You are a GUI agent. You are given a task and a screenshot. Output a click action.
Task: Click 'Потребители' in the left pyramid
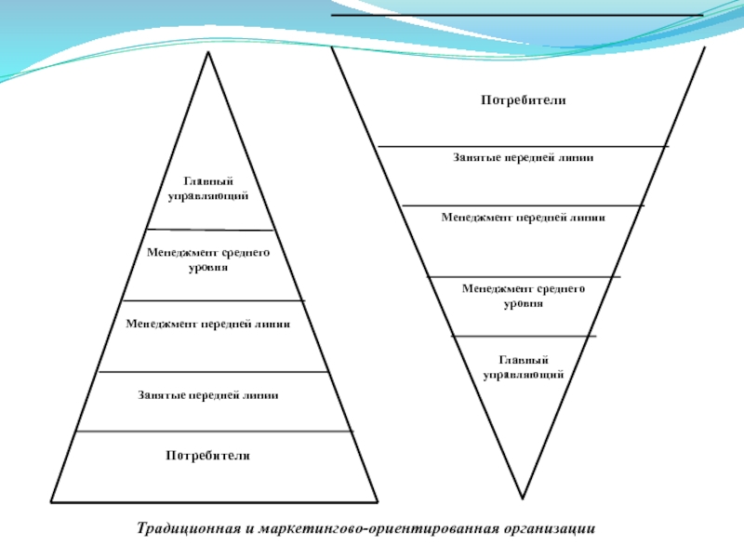(x=208, y=456)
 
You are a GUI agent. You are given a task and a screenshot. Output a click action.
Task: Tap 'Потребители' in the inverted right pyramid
(x=524, y=100)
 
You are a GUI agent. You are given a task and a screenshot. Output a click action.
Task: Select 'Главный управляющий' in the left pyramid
(x=207, y=188)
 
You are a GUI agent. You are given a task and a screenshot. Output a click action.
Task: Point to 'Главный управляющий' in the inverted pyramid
(x=524, y=366)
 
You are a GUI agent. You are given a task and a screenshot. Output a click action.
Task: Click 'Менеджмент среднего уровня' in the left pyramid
(x=208, y=259)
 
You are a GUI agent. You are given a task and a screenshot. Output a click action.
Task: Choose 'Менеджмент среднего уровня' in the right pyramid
(x=524, y=296)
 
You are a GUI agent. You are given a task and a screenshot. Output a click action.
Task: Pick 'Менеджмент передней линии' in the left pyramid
(x=208, y=325)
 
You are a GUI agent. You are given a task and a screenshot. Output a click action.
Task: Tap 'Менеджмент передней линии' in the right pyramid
(x=523, y=218)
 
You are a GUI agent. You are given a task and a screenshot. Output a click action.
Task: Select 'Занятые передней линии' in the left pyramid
(x=208, y=395)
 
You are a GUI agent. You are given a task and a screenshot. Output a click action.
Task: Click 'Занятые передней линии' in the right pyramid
(x=523, y=158)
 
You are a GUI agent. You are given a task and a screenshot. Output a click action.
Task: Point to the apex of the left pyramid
(x=208, y=52)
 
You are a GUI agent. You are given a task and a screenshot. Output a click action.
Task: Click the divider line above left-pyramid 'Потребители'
(x=214, y=431)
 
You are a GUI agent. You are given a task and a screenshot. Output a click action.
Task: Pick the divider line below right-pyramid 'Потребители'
(x=523, y=146)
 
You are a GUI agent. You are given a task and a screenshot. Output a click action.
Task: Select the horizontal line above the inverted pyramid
(x=517, y=15)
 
